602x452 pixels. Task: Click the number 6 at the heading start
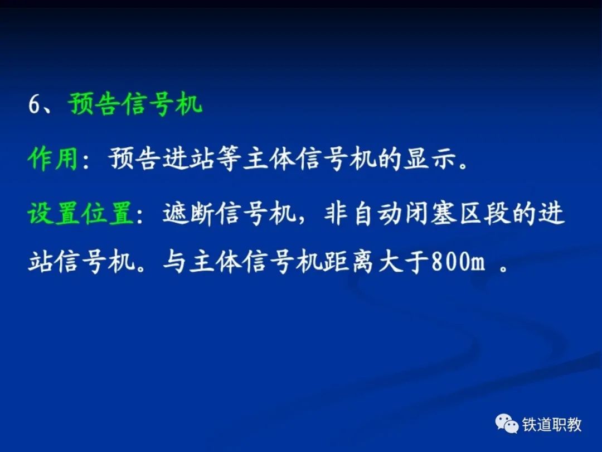34,104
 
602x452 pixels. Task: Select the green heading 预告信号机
135,104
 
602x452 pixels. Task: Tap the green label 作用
53,158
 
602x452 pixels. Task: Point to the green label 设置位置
81,213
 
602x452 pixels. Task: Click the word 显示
430,158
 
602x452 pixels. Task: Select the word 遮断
188,213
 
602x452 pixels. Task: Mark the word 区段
484,213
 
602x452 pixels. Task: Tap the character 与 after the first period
174,262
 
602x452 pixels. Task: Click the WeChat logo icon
507,424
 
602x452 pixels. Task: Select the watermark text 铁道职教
552,425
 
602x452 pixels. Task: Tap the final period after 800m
504,268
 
